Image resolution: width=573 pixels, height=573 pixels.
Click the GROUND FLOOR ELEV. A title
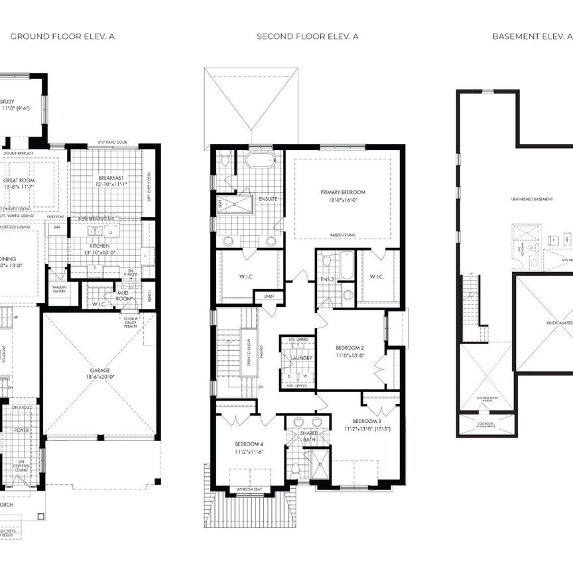(x=62, y=36)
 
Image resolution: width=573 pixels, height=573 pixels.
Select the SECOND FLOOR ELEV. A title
(x=308, y=36)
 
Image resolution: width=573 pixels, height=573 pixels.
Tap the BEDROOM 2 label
(x=349, y=348)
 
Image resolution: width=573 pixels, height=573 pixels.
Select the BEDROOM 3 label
(x=366, y=421)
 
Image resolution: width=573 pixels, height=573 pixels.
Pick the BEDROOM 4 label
(x=249, y=444)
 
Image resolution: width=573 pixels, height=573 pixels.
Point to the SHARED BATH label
(x=310, y=436)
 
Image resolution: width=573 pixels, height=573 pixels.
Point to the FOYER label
(x=23, y=430)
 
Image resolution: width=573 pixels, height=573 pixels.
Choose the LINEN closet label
(x=268, y=296)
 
